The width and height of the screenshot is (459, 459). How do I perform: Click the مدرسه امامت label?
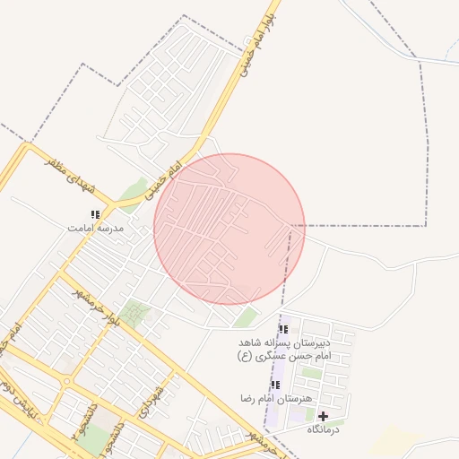[x=95, y=229]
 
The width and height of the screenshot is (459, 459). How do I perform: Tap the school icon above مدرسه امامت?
[x=95, y=214]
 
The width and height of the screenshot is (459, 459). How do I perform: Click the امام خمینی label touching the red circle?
[x=162, y=179]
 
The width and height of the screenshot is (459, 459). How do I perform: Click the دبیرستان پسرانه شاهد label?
[x=284, y=343]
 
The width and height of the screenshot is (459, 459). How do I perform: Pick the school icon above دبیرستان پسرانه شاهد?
[x=283, y=329]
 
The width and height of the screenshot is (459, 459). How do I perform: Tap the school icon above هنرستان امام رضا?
[x=275, y=385]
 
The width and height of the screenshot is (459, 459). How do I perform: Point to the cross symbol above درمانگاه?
[x=323, y=416]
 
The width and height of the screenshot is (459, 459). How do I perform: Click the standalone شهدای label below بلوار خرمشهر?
[x=152, y=399]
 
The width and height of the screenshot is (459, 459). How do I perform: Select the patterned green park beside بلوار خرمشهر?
[x=136, y=314]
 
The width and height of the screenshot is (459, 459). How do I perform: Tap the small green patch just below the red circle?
[x=247, y=316]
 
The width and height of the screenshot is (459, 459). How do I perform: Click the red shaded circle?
[x=229, y=229]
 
